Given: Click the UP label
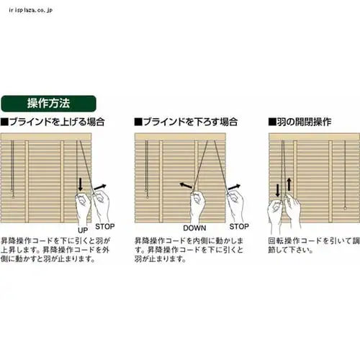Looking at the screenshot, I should (x=83, y=228).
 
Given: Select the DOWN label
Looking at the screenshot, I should (x=194, y=228).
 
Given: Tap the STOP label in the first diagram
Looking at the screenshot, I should (x=104, y=226).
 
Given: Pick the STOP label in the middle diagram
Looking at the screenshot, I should (x=239, y=225).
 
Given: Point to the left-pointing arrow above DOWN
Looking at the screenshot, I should (x=185, y=186).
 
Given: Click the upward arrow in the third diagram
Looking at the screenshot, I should (x=289, y=183).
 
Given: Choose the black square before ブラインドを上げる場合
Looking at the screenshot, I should (x=5, y=122).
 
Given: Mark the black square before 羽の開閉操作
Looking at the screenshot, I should (x=272, y=122).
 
